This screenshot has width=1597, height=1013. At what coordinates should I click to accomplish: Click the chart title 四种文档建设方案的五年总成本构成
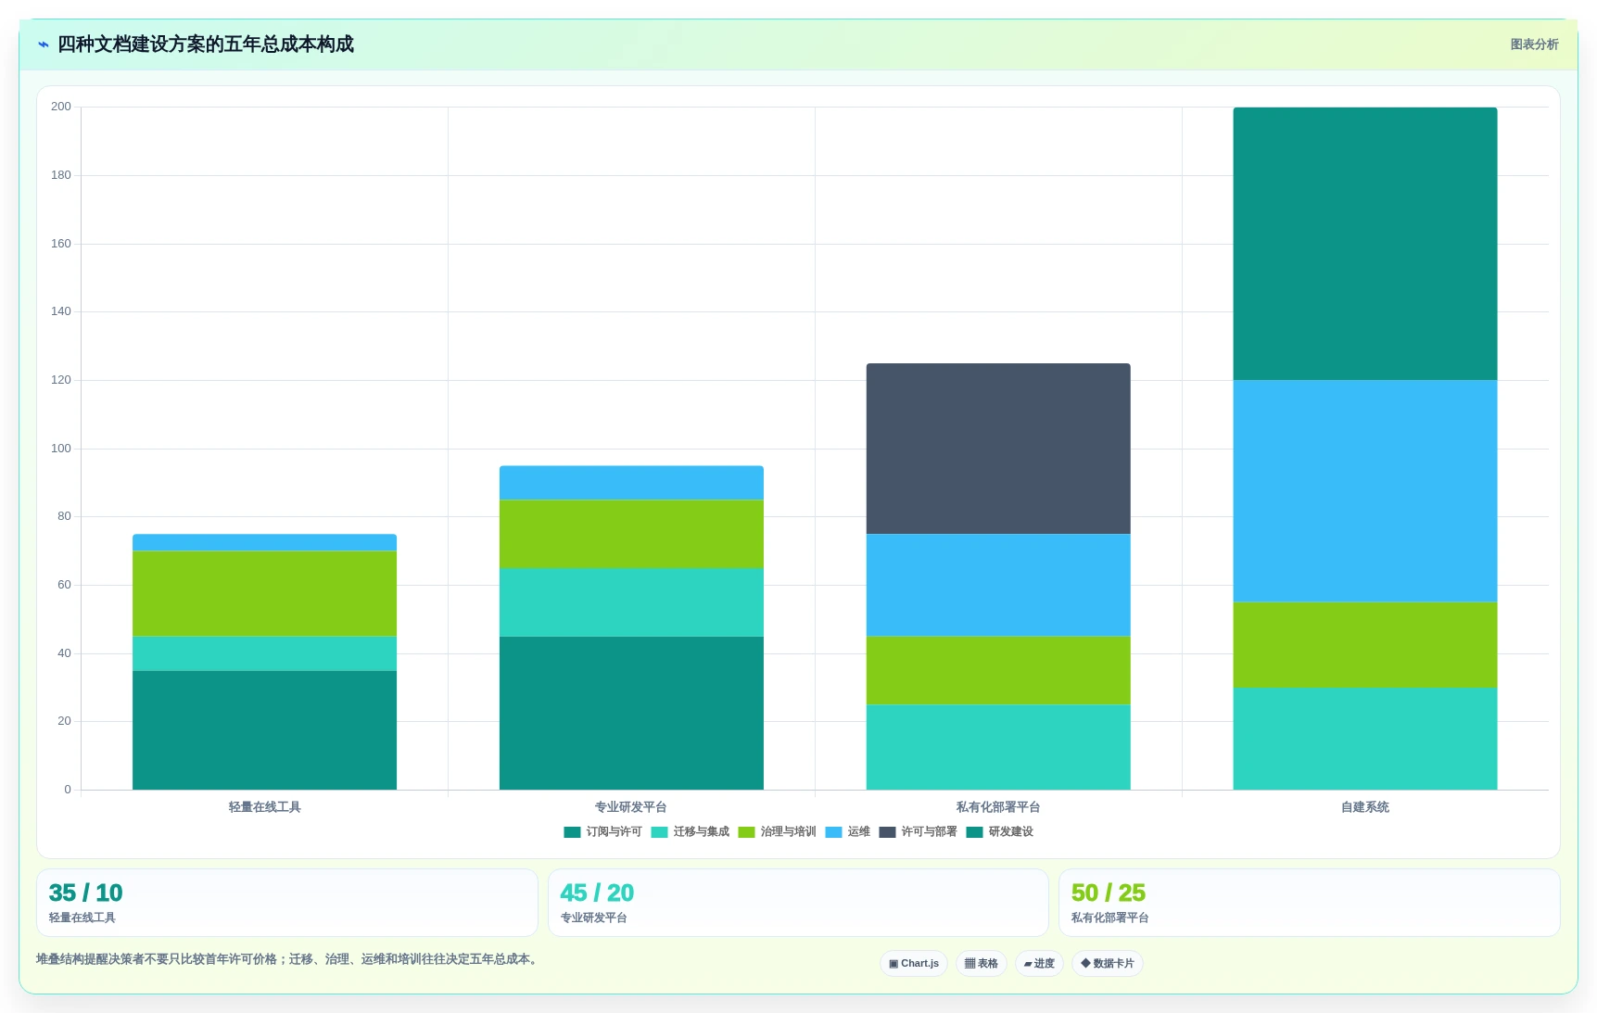(x=205, y=44)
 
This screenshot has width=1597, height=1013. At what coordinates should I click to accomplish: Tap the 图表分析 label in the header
(x=1534, y=44)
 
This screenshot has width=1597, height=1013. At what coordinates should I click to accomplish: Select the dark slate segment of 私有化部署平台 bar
(x=998, y=449)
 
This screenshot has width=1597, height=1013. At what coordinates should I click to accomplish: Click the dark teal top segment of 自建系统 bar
(x=1365, y=244)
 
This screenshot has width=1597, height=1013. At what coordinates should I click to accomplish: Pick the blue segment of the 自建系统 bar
(x=1365, y=491)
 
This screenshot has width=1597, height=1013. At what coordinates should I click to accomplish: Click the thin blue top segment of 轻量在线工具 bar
(x=264, y=542)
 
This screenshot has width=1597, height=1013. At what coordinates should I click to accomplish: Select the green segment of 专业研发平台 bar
(x=631, y=534)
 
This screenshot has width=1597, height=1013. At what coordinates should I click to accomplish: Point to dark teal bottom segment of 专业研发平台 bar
(x=631, y=713)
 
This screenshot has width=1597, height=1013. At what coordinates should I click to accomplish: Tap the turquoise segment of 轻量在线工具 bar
(x=264, y=653)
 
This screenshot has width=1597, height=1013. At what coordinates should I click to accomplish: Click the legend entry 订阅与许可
(x=602, y=832)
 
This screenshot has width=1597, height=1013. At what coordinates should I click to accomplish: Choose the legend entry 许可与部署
(x=918, y=832)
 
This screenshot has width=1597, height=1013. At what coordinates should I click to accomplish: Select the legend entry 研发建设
(x=999, y=832)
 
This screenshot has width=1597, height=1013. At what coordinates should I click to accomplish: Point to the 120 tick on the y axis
(x=61, y=380)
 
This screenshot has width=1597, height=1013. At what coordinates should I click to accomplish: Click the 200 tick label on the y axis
(x=61, y=107)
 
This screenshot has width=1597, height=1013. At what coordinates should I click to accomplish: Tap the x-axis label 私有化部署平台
(x=998, y=807)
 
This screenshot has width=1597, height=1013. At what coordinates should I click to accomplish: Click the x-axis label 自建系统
(x=1365, y=807)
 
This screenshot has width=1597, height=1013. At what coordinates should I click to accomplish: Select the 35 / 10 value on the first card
(x=85, y=893)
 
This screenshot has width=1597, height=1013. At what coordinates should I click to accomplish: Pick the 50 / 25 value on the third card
(x=1109, y=893)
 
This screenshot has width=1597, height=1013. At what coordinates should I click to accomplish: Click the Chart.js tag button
(x=914, y=964)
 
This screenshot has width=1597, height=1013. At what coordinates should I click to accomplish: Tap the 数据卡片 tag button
(x=1108, y=964)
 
